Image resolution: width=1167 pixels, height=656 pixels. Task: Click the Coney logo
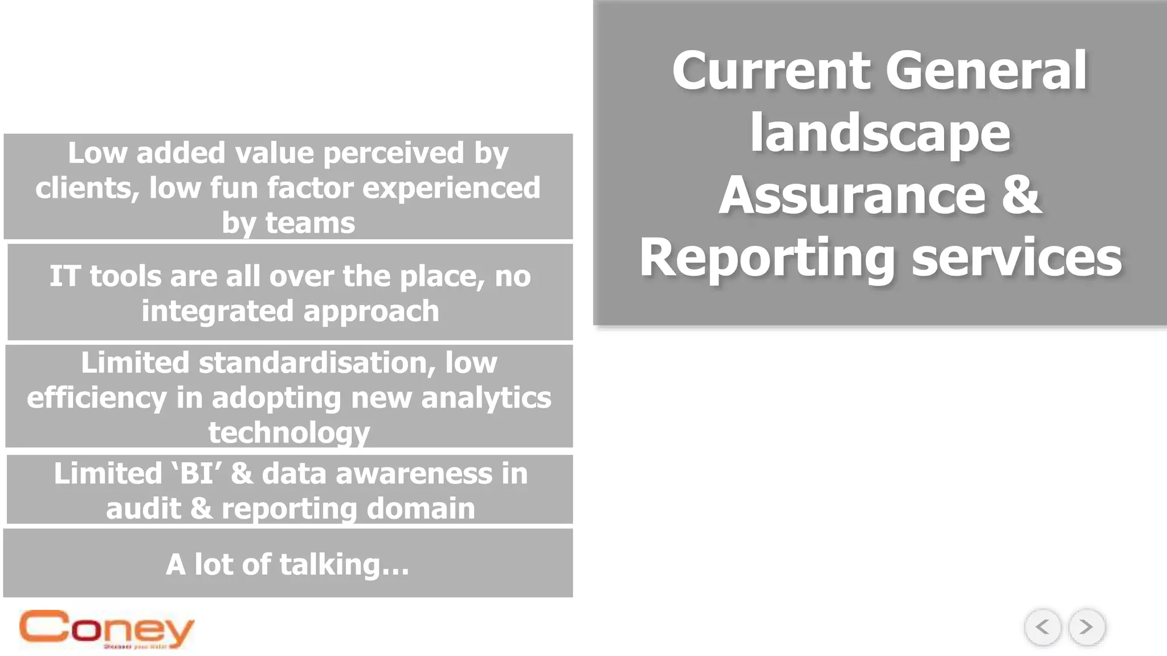tap(107, 629)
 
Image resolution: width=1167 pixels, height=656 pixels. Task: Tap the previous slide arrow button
tap(1043, 627)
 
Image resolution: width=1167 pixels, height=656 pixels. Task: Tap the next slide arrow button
tap(1087, 627)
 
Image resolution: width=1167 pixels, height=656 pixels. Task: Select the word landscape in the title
tap(880, 133)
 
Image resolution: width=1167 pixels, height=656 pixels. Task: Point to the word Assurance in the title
tap(852, 196)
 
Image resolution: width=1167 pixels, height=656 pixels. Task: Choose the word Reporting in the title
tap(767, 260)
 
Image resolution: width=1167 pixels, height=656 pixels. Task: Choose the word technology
tap(289, 433)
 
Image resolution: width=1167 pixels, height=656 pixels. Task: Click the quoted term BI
tap(197, 474)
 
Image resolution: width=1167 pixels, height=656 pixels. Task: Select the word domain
tap(421, 509)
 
